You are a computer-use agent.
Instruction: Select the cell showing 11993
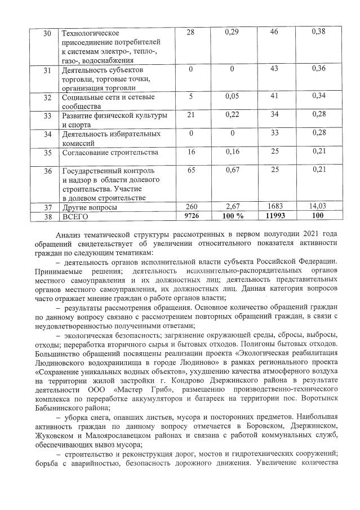coord(274,215)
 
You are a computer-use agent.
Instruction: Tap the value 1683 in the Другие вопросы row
coord(274,207)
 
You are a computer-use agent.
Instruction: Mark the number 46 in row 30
coord(274,32)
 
